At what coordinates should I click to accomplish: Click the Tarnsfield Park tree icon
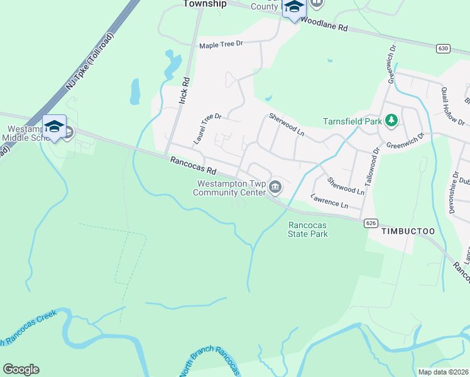[x=391, y=120]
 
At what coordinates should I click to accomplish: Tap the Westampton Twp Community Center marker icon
[x=275, y=187]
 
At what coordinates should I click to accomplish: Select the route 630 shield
[x=444, y=48]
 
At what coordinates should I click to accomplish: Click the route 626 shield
[x=371, y=222]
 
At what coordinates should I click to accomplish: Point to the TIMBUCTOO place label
[x=408, y=231]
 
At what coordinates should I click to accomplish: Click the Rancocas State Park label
[x=308, y=229]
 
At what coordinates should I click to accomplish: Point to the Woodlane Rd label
[x=324, y=25]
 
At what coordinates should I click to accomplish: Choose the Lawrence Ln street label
[x=329, y=201]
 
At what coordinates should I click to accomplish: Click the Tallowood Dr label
[x=376, y=165]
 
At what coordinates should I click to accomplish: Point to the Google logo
[x=21, y=369]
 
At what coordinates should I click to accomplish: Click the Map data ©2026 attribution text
[x=443, y=372]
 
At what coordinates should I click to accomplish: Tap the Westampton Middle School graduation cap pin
[x=54, y=126]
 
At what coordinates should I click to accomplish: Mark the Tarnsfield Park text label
[x=352, y=121]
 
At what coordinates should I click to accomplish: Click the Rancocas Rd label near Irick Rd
[x=193, y=167]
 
